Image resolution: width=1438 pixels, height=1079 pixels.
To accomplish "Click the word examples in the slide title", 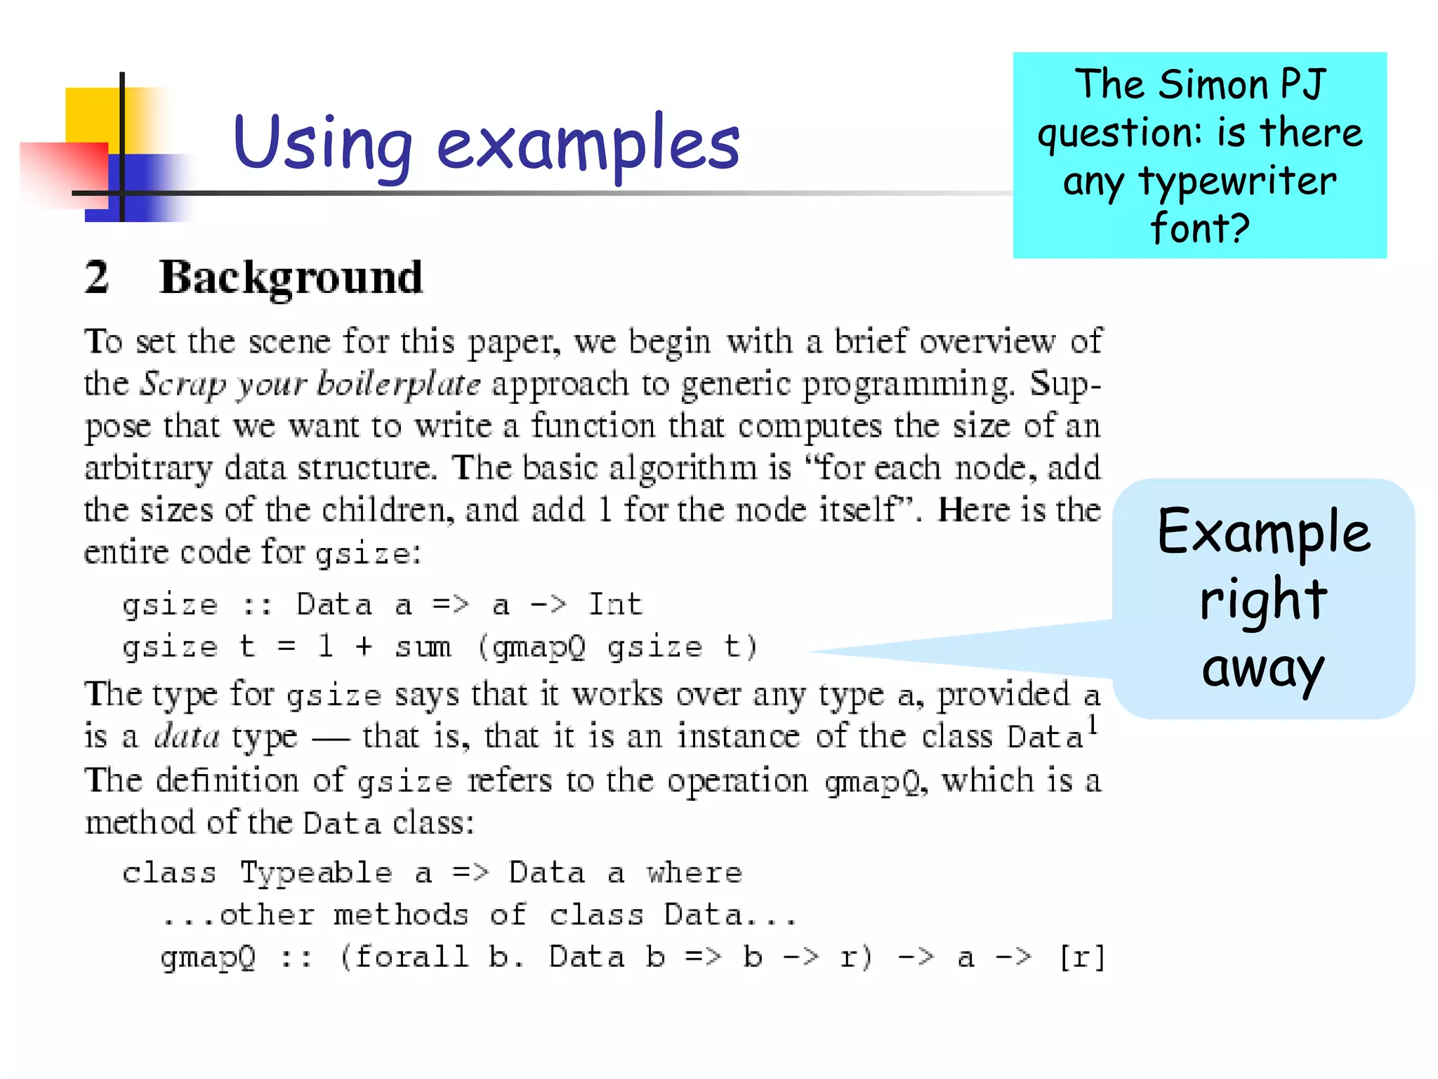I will [x=588, y=143].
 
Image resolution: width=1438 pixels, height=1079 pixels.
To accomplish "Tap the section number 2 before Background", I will [x=97, y=277].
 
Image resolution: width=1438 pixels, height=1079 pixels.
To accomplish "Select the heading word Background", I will [x=291, y=278].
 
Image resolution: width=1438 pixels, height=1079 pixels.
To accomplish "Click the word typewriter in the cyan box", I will [x=1237, y=181].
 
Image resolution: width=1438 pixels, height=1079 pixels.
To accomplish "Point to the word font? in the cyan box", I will [x=1200, y=228].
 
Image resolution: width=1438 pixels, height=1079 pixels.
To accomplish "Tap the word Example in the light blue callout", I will [x=1263, y=532].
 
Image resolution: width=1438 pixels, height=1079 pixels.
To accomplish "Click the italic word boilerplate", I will [x=399, y=384].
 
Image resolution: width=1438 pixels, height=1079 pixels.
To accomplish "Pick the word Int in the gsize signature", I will [x=615, y=604].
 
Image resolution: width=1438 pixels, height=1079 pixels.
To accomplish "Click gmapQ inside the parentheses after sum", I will [x=539, y=647].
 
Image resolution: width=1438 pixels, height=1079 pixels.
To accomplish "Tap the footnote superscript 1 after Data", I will [x=1093, y=724].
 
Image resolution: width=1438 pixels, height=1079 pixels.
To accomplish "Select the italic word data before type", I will [x=187, y=736].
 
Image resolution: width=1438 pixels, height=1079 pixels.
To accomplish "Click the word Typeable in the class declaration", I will [x=316, y=873].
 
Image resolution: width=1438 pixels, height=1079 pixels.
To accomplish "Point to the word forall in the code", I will [x=411, y=957].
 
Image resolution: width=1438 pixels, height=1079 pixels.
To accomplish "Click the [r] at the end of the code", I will [x=1082, y=957].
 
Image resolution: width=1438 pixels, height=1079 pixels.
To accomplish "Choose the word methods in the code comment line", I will [x=401, y=915].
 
